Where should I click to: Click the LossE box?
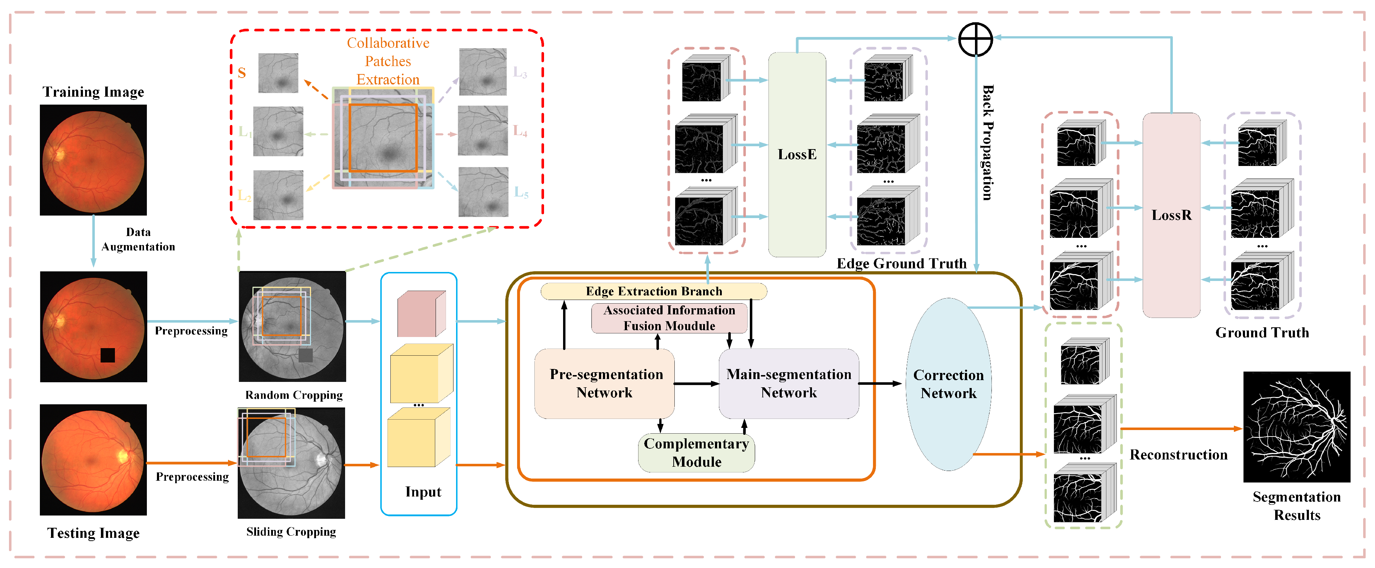coord(796,155)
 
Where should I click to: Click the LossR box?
coord(1171,215)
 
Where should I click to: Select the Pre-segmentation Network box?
coord(605,383)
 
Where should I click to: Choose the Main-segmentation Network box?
coord(788,383)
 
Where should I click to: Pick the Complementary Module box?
coord(696,453)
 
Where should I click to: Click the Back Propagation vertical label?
coord(988,143)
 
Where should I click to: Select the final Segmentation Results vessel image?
coord(1296,427)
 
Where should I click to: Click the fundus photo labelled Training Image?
coord(93,160)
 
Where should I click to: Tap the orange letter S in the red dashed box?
coord(242,73)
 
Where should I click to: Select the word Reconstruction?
coord(1178,455)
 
